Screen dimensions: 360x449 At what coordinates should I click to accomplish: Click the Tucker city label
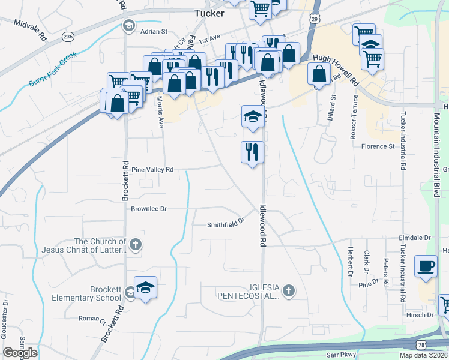209,13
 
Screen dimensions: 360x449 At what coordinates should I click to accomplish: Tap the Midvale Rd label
30,29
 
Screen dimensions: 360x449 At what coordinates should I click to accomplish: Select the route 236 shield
67,36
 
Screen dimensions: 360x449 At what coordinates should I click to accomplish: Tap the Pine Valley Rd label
152,170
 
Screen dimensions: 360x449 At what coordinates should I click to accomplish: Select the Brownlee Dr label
148,209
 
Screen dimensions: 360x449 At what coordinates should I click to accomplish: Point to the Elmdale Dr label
415,238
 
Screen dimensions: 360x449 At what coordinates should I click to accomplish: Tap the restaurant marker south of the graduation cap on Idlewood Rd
252,152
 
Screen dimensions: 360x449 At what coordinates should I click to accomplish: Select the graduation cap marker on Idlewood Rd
252,116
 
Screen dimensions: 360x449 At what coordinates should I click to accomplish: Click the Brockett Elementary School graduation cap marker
145,288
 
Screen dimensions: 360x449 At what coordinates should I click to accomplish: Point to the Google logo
20,353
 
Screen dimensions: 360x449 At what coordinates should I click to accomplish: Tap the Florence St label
377,146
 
